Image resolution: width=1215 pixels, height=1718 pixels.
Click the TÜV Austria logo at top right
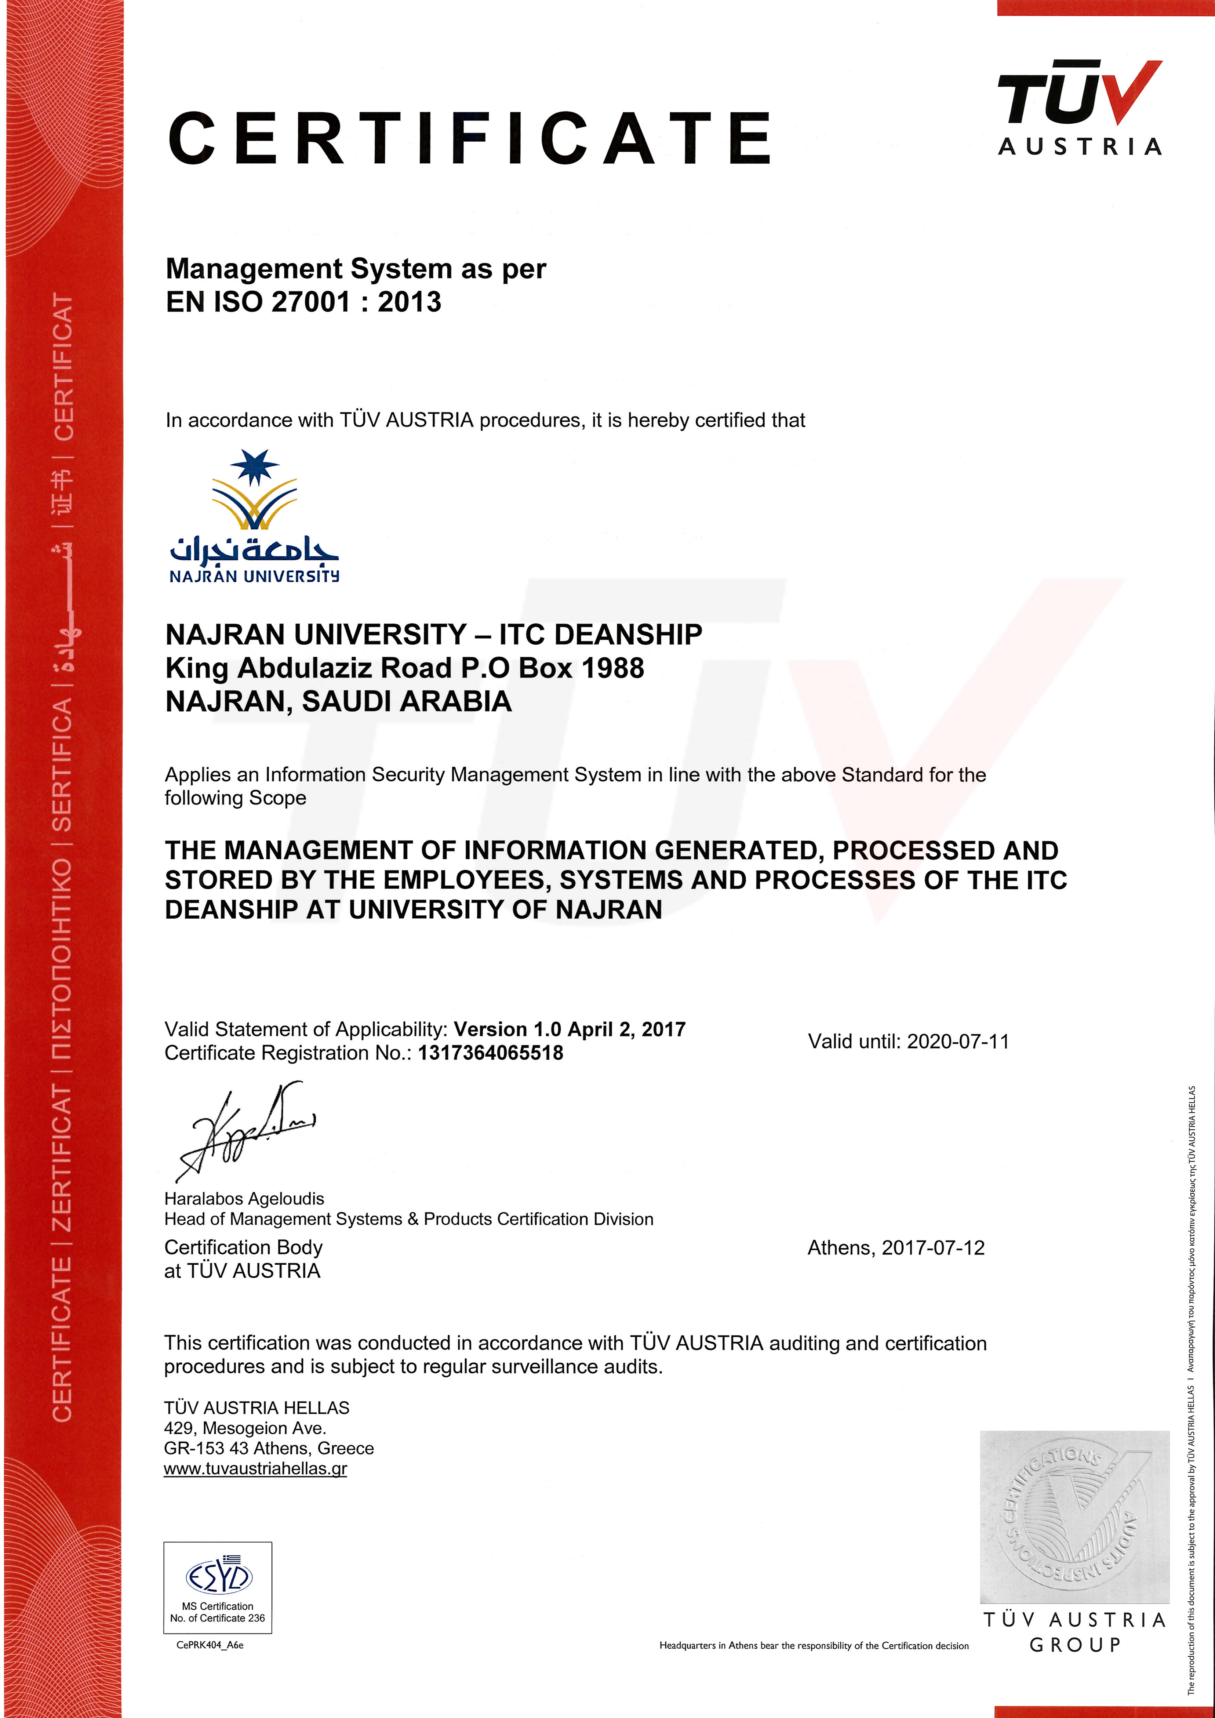(1080, 107)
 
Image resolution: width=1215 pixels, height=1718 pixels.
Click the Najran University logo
(254, 516)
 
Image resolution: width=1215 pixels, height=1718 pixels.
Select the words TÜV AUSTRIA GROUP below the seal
(1074, 1633)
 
